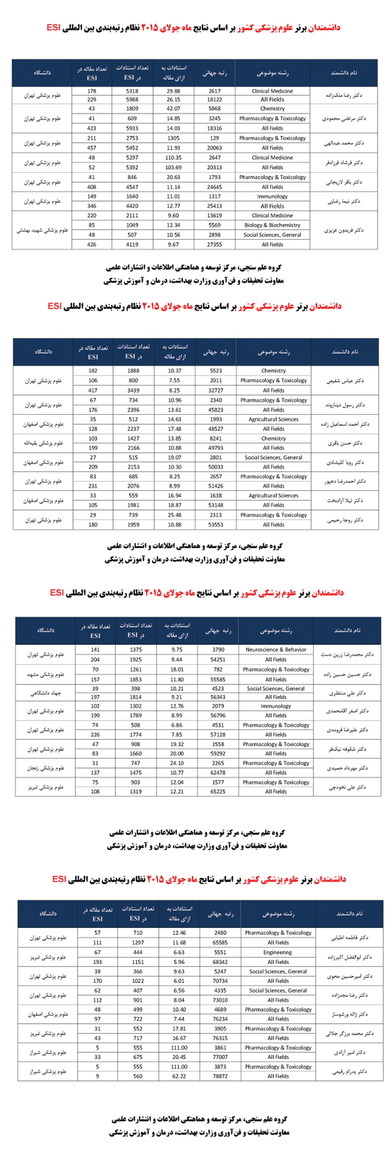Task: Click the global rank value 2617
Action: (x=214, y=91)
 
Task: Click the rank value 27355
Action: (x=214, y=245)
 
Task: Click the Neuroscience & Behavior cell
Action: (x=276, y=650)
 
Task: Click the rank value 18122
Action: (x=214, y=99)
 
